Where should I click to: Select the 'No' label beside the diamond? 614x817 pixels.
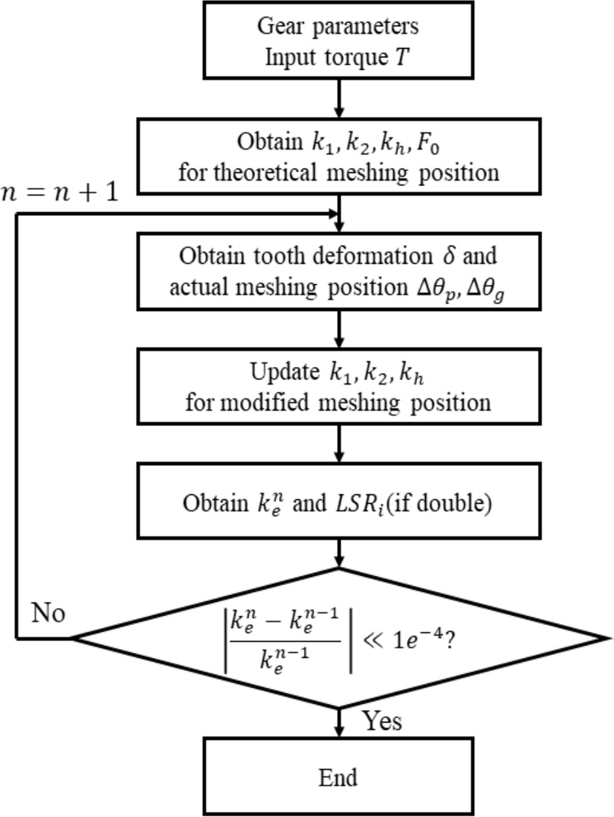pos(49,614)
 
